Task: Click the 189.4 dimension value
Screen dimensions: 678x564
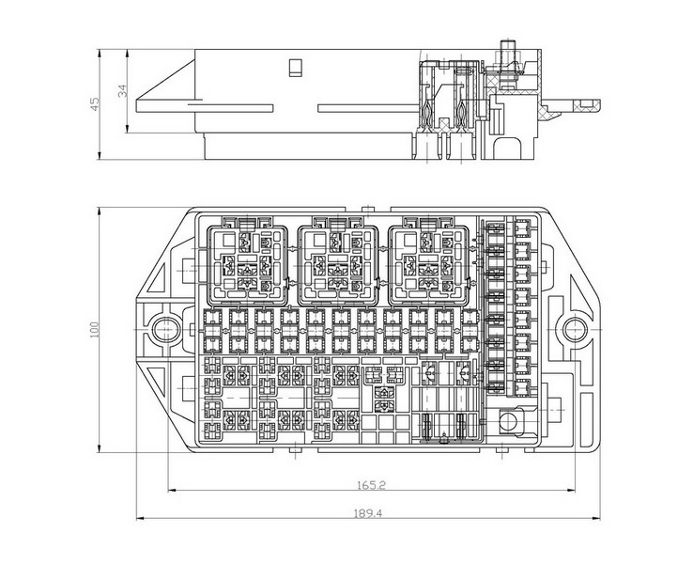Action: [x=368, y=514]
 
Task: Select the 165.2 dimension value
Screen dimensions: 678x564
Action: [x=371, y=485]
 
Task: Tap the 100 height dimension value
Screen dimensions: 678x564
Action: [x=94, y=330]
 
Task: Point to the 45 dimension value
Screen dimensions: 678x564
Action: [x=94, y=104]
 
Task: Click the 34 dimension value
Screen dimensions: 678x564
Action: [x=123, y=90]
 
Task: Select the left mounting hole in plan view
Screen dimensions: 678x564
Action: [x=163, y=329]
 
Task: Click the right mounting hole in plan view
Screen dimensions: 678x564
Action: [x=575, y=329]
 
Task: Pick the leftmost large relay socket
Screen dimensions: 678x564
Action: [x=248, y=265]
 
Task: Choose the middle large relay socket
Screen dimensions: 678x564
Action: [x=339, y=265]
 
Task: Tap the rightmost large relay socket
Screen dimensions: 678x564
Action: [x=429, y=265]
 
